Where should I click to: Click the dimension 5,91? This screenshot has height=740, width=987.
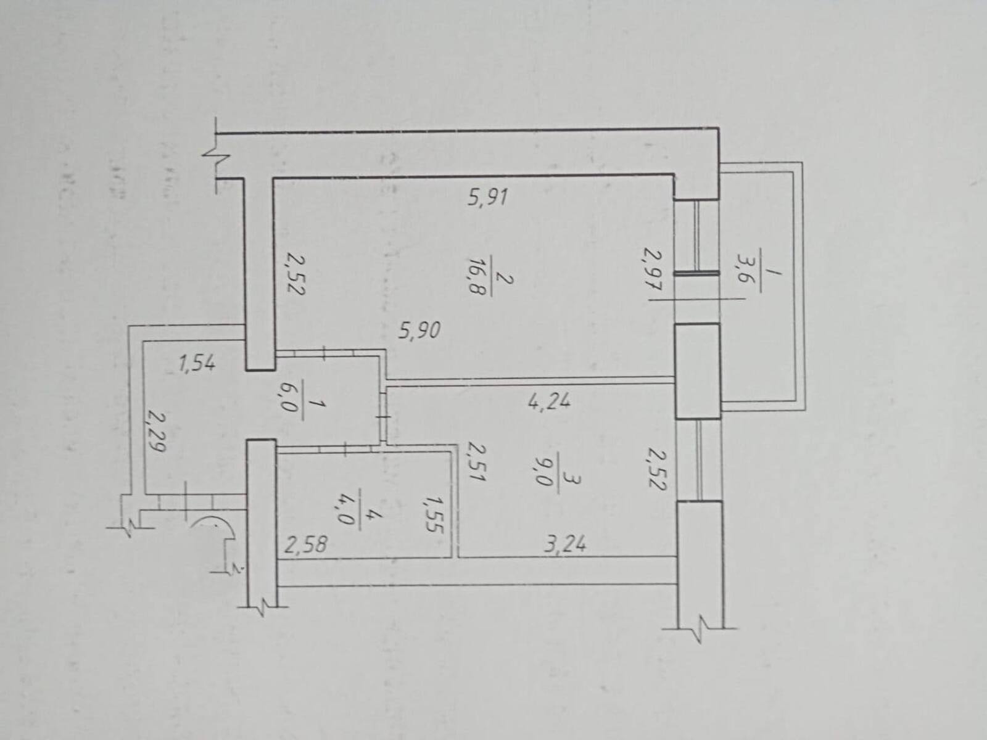tap(487, 197)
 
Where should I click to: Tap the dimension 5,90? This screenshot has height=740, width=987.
tap(419, 331)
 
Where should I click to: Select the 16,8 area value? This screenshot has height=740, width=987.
tap(476, 276)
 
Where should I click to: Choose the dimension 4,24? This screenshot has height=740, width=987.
tap(549, 400)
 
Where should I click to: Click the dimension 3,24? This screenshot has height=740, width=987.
tap(565, 544)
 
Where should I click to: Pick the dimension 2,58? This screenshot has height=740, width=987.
tap(306, 546)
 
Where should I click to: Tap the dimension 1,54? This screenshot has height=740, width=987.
tap(197, 363)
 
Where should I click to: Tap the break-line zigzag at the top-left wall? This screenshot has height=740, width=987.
tap(217, 154)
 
